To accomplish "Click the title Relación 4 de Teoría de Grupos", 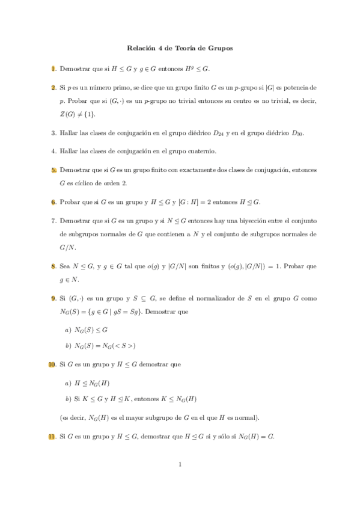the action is click(x=180, y=48).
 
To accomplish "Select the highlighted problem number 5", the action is click(x=53, y=170).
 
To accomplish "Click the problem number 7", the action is click(x=53, y=221).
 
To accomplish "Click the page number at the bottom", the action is click(x=180, y=464).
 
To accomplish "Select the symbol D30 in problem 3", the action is click(x=297, y=132).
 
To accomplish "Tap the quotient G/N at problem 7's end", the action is click(x=67, y=247).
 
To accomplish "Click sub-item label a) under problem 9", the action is click(x=67, y=330).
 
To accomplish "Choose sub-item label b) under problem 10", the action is click(x=67, y=399).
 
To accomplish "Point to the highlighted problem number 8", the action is click(x=53, y=265).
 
